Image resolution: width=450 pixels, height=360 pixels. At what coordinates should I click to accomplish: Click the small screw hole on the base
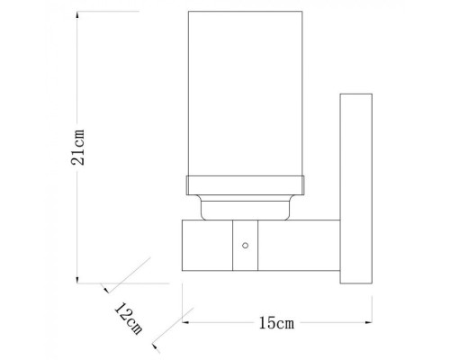[245, 245]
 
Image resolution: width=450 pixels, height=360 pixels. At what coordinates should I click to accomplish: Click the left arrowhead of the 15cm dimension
[186, 321]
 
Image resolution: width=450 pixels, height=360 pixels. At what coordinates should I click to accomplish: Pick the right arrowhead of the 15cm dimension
[368, 321]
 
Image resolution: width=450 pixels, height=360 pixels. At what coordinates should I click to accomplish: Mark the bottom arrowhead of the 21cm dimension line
[77, 274]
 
